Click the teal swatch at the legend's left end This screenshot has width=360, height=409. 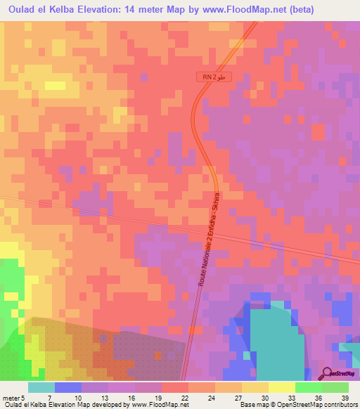pos(41,387)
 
